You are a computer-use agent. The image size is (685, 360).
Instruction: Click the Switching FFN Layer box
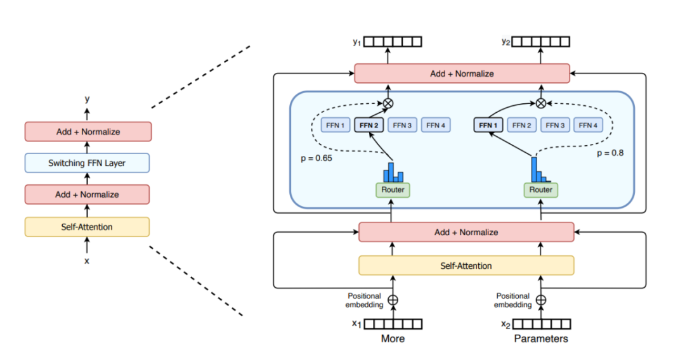pos(87,163)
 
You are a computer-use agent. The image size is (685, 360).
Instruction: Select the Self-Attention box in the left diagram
pos(87,226)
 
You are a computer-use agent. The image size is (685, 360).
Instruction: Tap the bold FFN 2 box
pos(369,125)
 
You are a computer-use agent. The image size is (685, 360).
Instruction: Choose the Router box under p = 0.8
pos(540,190)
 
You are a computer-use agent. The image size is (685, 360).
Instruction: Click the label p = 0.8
pos(611,153)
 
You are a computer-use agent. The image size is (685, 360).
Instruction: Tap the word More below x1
pos(393,338)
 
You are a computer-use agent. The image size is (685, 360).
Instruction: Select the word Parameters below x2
pos(540,338)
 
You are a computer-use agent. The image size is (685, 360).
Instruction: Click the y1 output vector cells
pos(393,42)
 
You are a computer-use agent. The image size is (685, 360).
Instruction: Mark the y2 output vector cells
pos(540,42)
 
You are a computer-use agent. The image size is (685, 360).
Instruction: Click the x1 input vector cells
pos(393,324)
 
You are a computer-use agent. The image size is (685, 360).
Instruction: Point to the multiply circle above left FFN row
pos(388,103)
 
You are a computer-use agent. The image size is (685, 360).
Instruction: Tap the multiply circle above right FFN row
pos(540,103)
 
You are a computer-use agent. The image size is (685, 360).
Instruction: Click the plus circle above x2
pos(540,300)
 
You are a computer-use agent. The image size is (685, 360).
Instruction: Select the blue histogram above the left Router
pos(393,171)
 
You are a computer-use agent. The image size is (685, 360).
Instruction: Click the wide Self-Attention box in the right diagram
pos(466,266)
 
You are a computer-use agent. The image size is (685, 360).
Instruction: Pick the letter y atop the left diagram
pos(87,99)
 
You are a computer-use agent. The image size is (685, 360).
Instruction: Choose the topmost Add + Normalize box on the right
pos(462,74)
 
